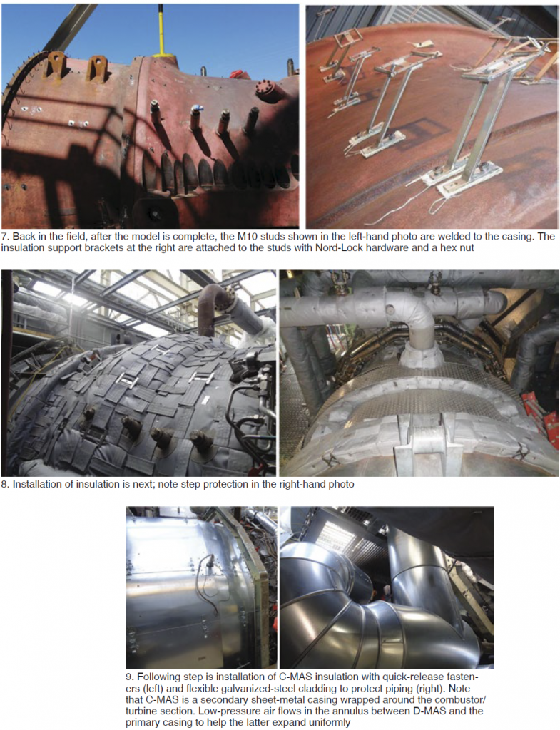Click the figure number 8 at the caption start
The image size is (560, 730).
(x=5, y=485)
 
